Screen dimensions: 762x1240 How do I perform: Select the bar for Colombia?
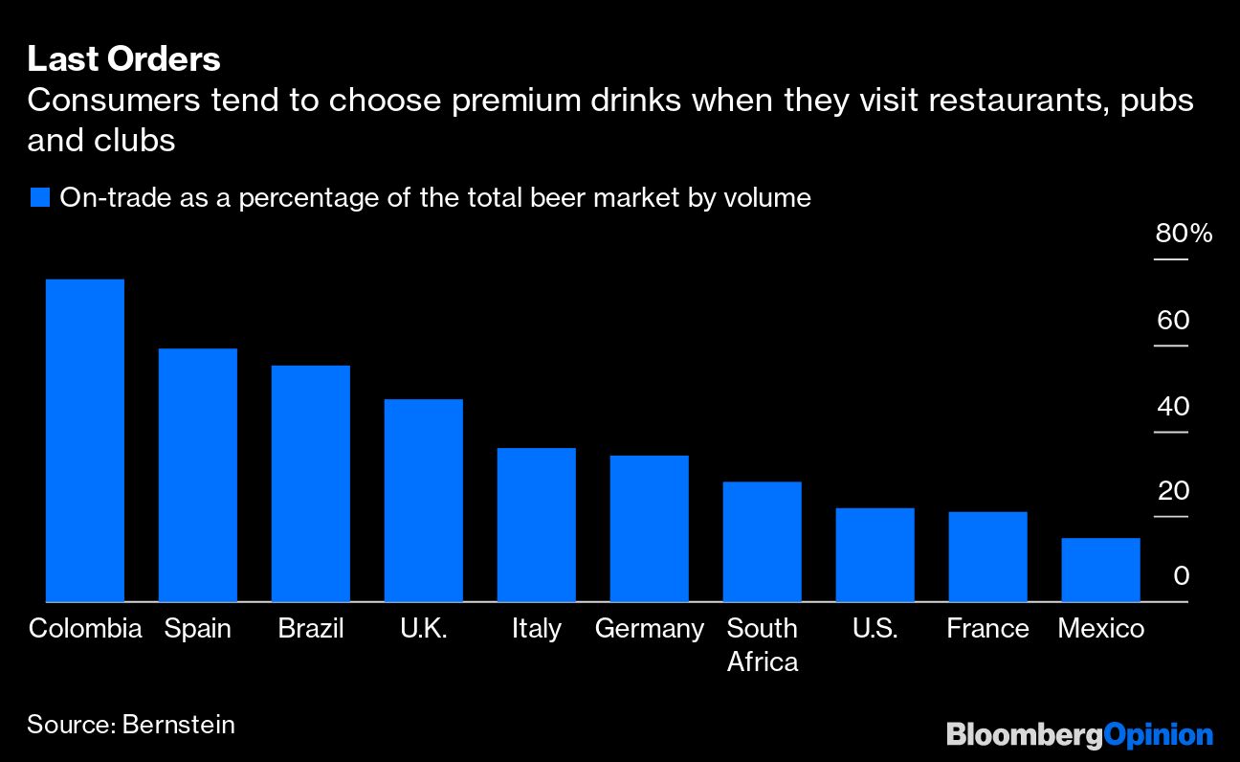click(x=85, y=440)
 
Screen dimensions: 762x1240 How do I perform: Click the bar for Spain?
click(x=198, y=475)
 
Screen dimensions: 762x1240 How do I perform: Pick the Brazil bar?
click(x=311, y=483)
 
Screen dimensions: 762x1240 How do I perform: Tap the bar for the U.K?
click(x=424, y=500)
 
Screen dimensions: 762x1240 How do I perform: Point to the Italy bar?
click(x=537, y=525)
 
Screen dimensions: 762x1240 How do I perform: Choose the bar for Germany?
click(x=650, y=528)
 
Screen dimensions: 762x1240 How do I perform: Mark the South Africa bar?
click(x=763, y=542)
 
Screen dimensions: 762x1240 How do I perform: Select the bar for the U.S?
click(x=875, y=555)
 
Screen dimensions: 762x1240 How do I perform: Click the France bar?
click(x=988, y=557)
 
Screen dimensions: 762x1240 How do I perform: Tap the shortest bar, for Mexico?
click(x=1101, y=570)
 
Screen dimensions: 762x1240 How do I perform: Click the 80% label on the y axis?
click(x=1184, y=234)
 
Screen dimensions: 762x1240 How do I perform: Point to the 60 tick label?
click(x=1173, y=320)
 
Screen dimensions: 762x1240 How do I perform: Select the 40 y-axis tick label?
click(x=1173, y=406)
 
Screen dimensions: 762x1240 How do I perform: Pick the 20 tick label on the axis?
click(x=1173, y=491)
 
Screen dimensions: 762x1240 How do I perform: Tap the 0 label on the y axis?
click(x=1181, y=576)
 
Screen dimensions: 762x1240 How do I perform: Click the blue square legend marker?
click(x=39, y=198)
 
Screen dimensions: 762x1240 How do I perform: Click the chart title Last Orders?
click(x=123, y=60)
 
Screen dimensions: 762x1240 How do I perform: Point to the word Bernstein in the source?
click(x=179, y=725)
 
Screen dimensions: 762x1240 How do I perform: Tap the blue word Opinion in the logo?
click(x=1159, y=735)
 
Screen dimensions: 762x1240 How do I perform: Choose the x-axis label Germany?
click(x=650, y=629)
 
